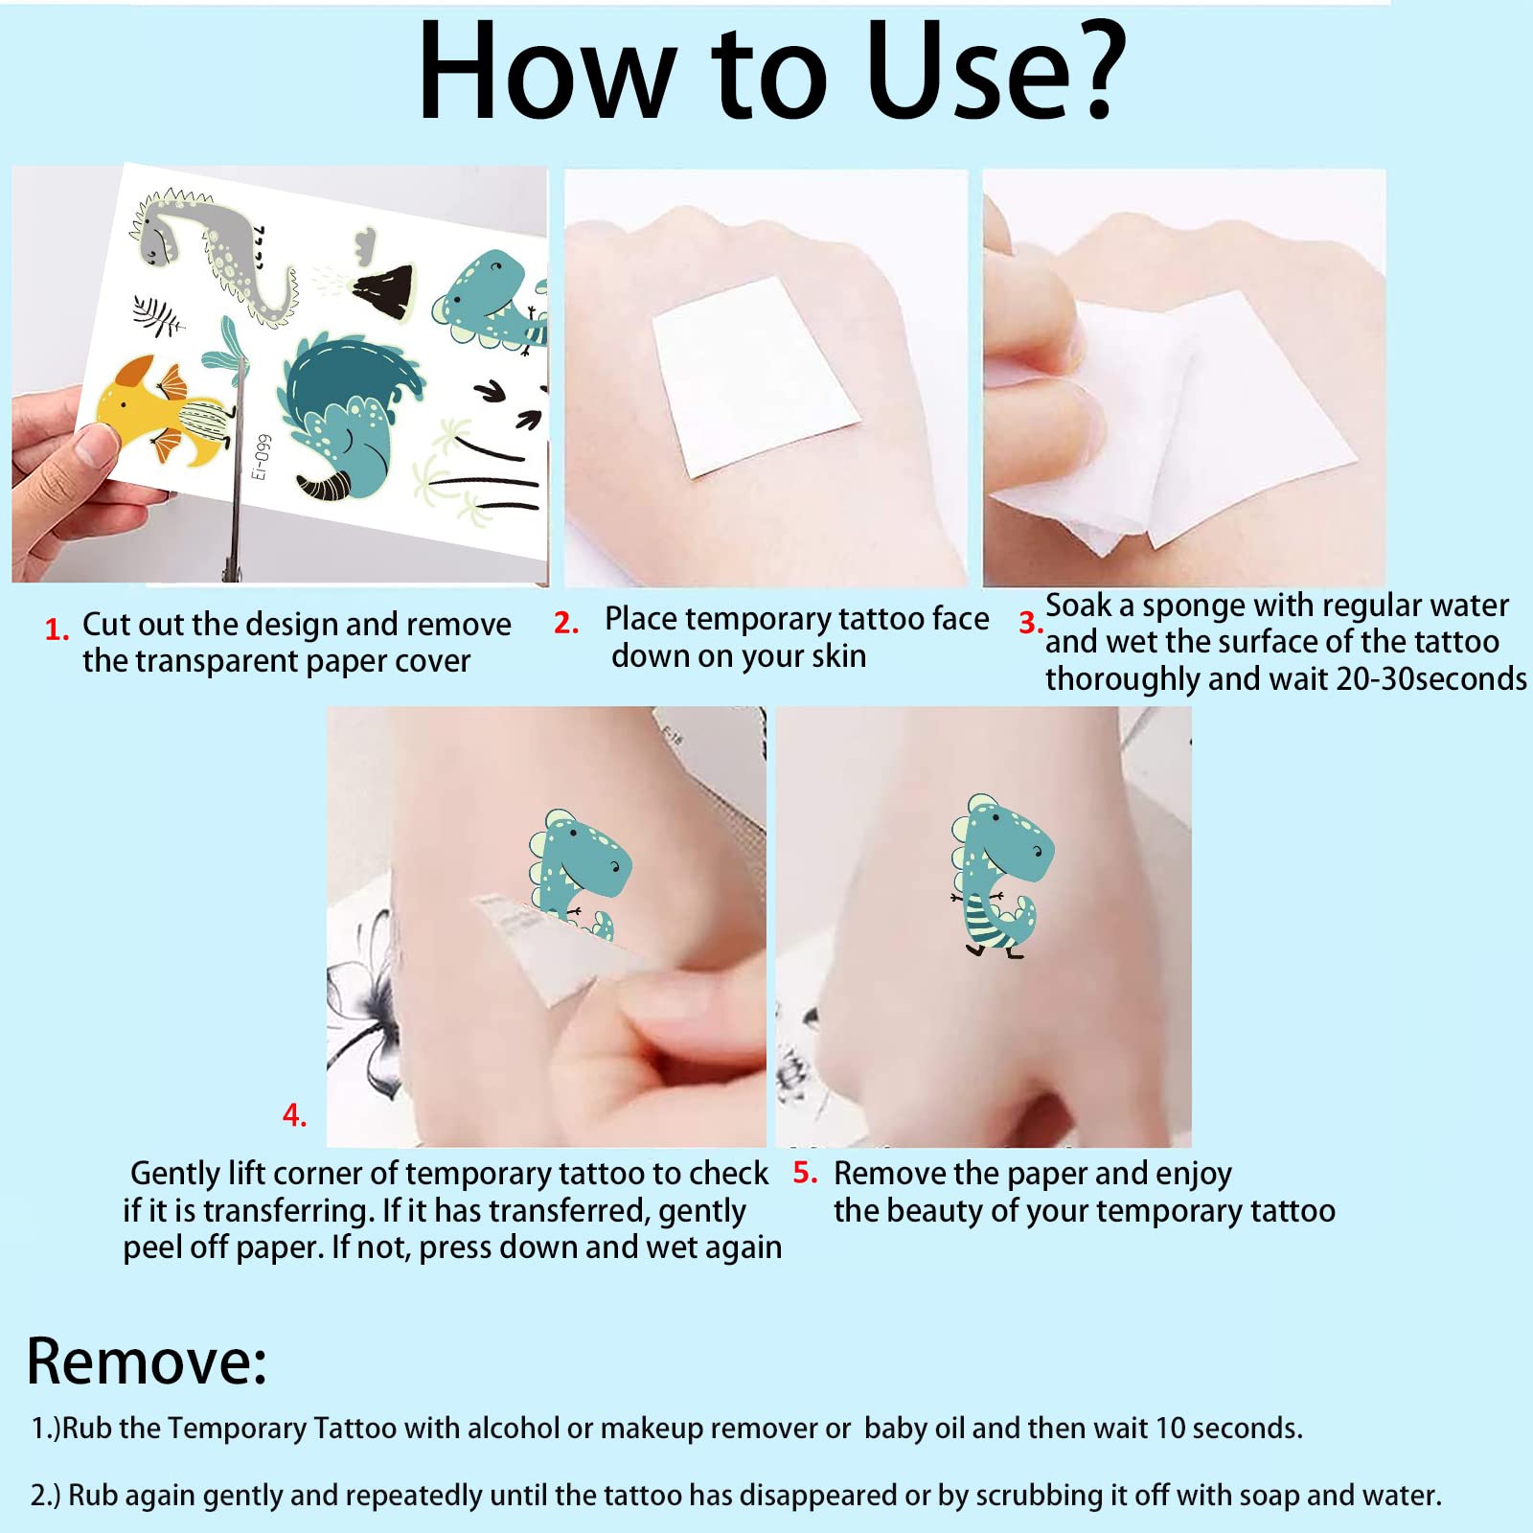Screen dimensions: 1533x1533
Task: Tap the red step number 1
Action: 57,629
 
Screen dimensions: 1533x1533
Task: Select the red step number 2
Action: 566,623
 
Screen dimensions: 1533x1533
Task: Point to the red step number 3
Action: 1030,624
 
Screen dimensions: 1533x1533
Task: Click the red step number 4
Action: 294,1114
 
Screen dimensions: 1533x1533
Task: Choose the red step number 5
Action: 805,1172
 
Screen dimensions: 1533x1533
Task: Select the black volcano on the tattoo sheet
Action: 385,290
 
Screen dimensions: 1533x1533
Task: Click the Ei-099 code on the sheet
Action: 261,457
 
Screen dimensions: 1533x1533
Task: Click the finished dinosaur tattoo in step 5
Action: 1001,876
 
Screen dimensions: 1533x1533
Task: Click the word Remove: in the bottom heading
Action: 147,1361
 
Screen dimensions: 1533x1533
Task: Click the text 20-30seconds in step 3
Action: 1431,678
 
